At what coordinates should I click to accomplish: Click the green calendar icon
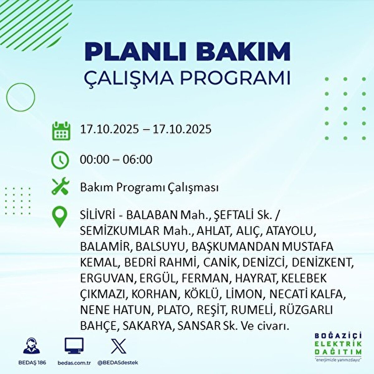click(x=61, y=131)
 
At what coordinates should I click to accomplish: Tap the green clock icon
click(x=60, y=160)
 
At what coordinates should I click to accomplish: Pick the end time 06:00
click(x=137, y=160)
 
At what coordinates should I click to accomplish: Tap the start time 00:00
click(x=95, y=160)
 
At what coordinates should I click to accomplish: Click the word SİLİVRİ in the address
click(x=98, y=216)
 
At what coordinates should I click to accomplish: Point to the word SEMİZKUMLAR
click(x=120, y=231)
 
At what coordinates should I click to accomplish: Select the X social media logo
click(x=118, y=346)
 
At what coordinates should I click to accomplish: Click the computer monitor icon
click(x=74, y=346)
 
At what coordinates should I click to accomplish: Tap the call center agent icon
click(x=31, y=346)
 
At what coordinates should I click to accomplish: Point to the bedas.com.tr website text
click(x=74, y=362)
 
